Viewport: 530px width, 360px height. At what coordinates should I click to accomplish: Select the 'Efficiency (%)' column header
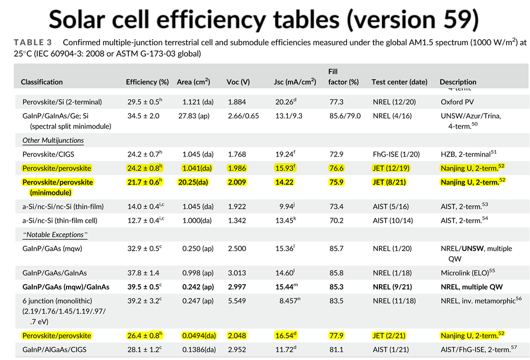pyautogui.click(x=147, y=82)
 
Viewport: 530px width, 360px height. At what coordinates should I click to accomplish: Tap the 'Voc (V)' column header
pyautogui.click(x=238, y=82)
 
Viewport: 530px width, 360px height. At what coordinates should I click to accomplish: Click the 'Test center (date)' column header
pyautogui.click(x=399, y=82)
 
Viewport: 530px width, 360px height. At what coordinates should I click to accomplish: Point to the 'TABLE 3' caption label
pyautogui.click(x=33, y=43)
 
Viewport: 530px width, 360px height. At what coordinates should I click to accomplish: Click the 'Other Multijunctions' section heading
pyautogui.click(x=53, y=140)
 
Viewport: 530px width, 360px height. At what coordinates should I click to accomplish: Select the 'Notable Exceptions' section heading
pyautogui.click(x=55, y=235)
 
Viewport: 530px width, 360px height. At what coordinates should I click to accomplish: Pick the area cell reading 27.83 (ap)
pyautogui.click(x=194, y=116)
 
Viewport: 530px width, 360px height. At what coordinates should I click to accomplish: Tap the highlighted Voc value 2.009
pyautogui.click(x=237, y=182)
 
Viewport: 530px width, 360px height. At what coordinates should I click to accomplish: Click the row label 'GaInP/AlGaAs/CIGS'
pyautogui.click(x=55, y=349)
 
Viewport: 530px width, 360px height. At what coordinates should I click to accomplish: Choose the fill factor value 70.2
pyautogui.click(x=336, y=220)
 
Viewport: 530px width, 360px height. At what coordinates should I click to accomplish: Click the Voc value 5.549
pyautogui.click(x=237, y=301)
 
